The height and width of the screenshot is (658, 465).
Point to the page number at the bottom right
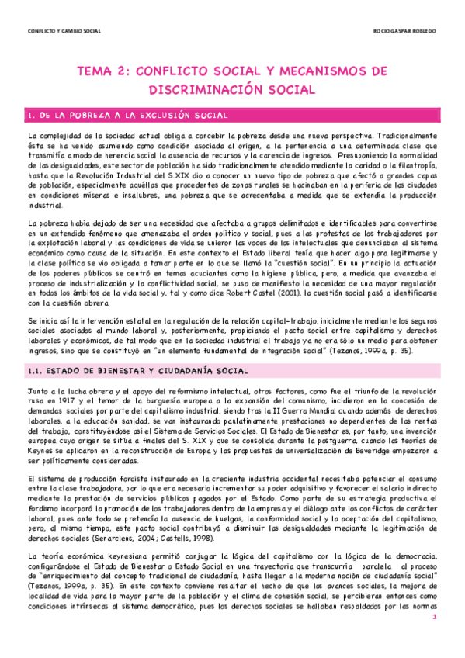[436, 617]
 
